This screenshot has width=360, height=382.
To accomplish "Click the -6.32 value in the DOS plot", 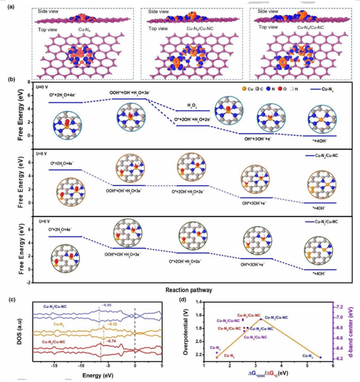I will point(111,324).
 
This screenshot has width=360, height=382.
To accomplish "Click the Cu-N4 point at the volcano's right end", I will point(320,358).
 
